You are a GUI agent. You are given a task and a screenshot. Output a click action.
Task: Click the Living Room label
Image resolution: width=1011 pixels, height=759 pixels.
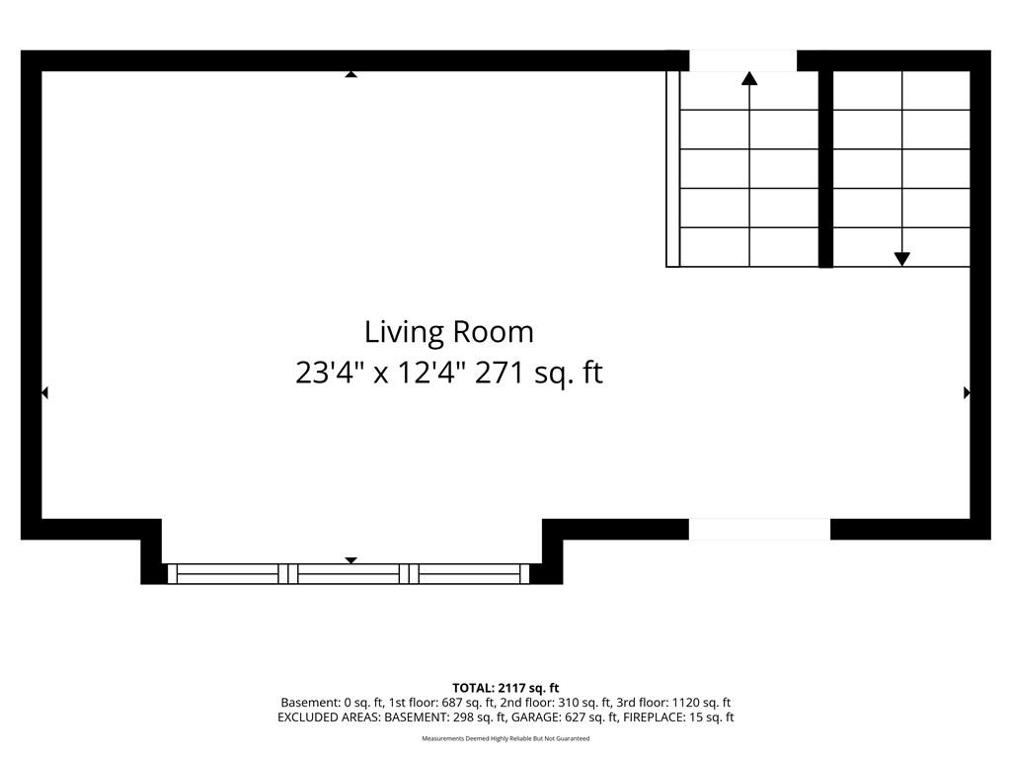(449, 333)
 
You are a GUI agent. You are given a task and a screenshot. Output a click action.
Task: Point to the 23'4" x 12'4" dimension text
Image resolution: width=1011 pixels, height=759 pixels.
(381, 373)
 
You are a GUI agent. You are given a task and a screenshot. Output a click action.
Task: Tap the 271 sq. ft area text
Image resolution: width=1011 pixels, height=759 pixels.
(539, 374)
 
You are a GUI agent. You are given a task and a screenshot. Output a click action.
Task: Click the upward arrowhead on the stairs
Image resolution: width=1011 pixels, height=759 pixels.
(749, 78)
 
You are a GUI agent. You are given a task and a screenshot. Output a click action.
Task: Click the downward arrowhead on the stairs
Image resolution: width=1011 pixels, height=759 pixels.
(902, 259)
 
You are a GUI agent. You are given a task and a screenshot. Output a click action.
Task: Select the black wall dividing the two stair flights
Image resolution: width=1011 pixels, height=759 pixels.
(826, 168)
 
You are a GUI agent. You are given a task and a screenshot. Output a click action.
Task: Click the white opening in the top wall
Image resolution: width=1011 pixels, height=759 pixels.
(743, 60)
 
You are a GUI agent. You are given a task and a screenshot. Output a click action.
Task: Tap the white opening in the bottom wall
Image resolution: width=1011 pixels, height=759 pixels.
(759, 530)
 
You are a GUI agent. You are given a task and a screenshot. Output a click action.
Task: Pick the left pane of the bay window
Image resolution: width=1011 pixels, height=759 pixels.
(228, 574)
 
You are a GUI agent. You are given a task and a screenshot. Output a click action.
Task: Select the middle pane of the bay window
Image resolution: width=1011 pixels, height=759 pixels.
(349, 574)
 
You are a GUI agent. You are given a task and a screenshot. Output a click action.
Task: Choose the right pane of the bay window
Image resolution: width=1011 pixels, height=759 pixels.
(469, 574)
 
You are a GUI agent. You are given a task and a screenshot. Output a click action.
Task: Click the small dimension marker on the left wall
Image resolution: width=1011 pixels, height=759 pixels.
(44, 392)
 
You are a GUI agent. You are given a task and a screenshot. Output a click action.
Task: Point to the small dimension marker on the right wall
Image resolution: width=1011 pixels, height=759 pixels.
(968, 392)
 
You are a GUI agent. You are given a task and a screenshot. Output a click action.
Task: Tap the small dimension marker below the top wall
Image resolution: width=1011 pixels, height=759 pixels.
(350, 74)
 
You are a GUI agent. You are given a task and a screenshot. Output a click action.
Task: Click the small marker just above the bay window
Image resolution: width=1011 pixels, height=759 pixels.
(350, 560)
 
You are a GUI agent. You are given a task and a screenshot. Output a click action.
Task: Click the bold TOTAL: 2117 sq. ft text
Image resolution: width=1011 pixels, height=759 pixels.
(505, 688)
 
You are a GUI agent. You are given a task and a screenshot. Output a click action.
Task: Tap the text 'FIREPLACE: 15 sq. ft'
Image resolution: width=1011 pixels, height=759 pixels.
(678, 717)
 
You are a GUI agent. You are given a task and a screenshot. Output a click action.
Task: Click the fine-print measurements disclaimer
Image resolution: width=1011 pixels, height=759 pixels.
(505, 738)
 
